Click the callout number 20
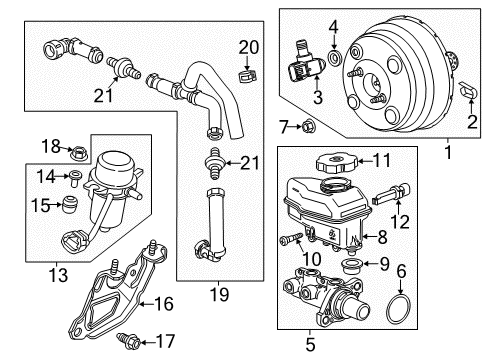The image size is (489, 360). (248, 45)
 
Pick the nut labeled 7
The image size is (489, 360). (309, 127)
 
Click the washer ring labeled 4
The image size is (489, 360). (333, 52)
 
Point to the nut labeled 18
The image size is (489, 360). (77, 152)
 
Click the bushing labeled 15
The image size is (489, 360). (71, 207)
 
